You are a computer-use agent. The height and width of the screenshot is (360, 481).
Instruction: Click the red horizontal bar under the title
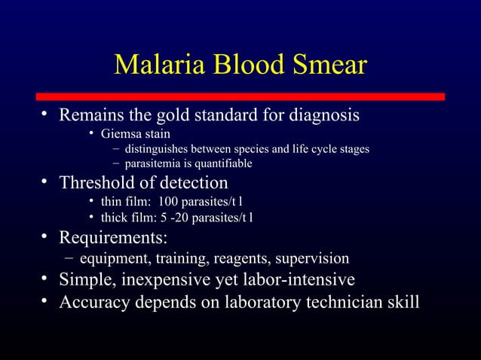[x=240, y=96]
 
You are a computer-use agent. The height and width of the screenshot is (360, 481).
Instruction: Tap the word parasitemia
[x=153, y=163]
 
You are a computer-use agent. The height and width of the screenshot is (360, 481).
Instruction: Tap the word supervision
[x=315, y=259]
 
